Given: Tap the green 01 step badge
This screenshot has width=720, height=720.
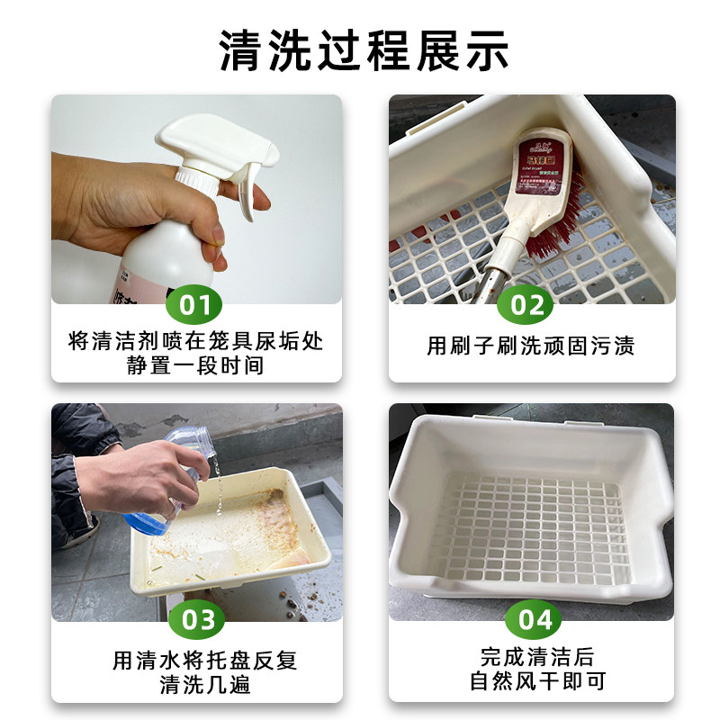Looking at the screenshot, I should [195, 305].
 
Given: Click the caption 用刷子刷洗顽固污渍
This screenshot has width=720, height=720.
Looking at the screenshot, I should [530, 346].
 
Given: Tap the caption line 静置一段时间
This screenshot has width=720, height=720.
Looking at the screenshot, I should [195, 366].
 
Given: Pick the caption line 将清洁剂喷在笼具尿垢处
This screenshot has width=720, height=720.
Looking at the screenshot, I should [195, 342].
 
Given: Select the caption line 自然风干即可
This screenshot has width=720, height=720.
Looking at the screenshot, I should [531, 681].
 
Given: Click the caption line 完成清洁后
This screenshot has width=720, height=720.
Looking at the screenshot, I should [531, 657].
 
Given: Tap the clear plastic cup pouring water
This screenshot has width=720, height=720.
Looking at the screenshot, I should [184, 450].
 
